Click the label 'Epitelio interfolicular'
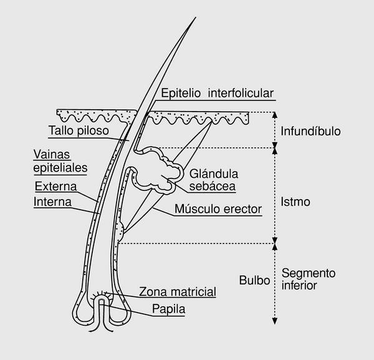217,94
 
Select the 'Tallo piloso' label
78,131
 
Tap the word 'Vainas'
52,154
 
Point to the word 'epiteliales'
60,167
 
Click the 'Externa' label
55,187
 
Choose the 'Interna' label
53,202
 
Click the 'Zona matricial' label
177,291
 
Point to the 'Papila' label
168,308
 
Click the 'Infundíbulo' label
310,132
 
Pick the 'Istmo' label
295,203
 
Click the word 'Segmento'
309,273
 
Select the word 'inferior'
300,286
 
